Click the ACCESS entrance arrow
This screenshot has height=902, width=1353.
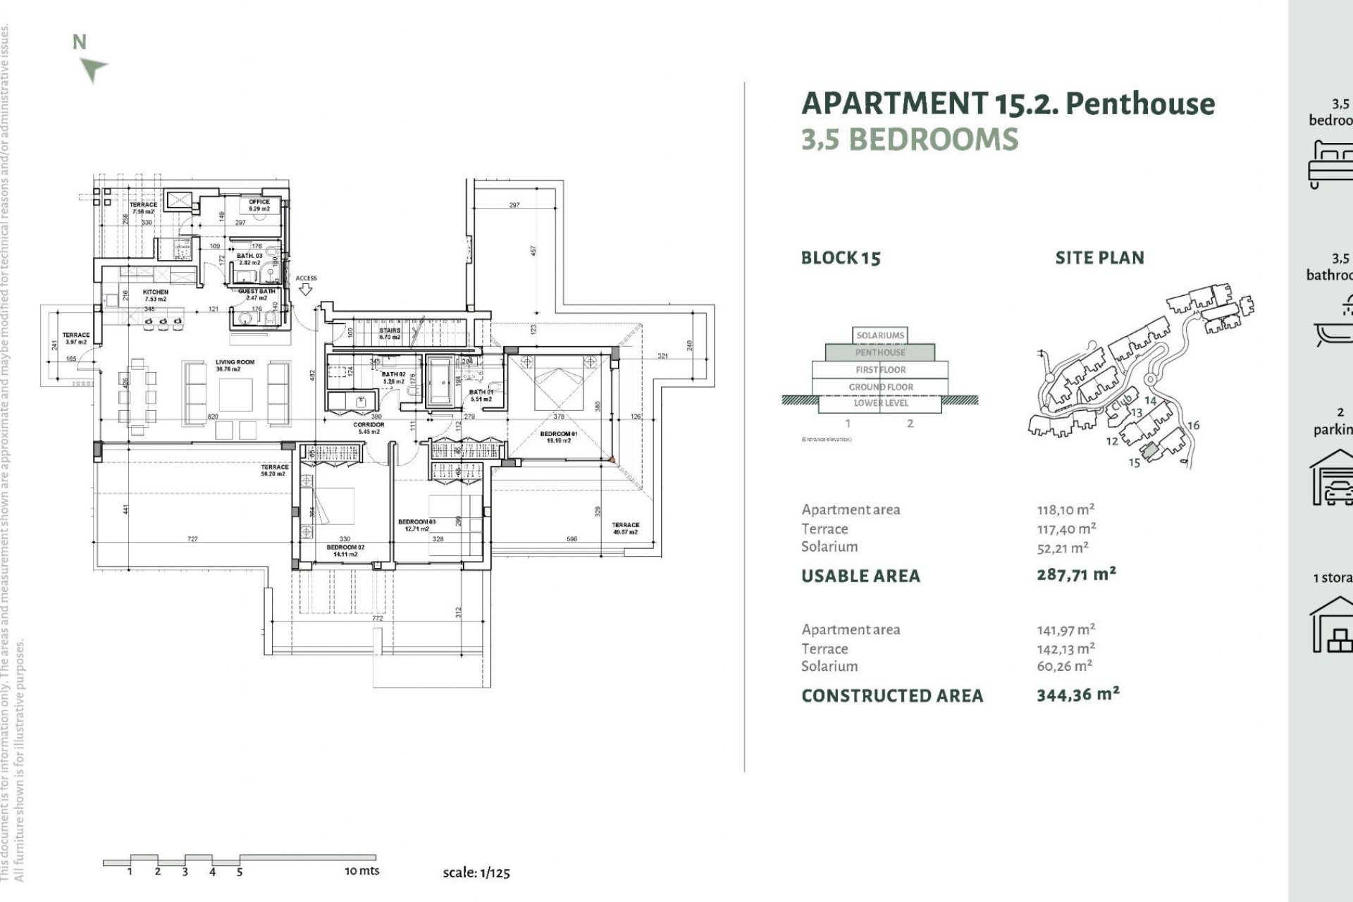(x=305, y=289)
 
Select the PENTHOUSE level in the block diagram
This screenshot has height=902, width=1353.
(x=880, y=352)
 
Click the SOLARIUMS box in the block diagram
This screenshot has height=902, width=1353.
(x=880, y=335)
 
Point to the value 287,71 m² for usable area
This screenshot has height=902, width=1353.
(x=1076, y=574)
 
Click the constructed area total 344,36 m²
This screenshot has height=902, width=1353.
(x=1077, y=695)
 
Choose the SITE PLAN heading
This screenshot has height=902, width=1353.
(x=1099, y=258)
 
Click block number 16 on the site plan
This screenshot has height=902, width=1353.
(x=1193, y=425)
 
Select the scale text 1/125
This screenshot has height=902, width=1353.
(x=495, y=872)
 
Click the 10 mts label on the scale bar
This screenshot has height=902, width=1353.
(x=362, y=871)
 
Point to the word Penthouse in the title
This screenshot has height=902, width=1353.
(x=1140, y=104)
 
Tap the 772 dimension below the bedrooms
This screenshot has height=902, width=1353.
(x=378, y=618)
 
